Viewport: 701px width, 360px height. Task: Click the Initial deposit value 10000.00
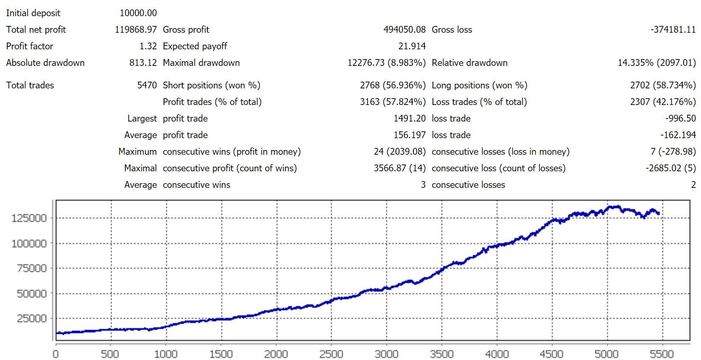(x=138, y=13)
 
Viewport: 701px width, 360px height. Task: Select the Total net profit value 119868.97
(x=136, y=30)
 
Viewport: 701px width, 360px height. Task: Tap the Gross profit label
(x=186, y=30)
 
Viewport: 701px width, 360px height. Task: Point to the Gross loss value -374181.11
(x=673, y=30)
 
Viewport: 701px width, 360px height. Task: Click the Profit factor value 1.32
(x=148, y=46)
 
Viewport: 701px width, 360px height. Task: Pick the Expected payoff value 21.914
(x=412, y=46)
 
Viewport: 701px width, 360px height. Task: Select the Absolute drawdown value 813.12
(x=143, y=63)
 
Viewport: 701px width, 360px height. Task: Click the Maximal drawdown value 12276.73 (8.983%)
(x=387, y=63)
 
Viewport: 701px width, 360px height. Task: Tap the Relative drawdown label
(x=469, y=63)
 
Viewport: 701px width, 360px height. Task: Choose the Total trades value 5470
(x=147, y=85)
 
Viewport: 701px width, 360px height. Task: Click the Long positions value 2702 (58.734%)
(x=663, y=85)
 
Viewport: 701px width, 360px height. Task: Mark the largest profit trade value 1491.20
(x=410, y=119)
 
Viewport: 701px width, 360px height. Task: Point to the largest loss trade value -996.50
(x=680, y=119)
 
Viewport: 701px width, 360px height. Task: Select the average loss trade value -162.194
(x=678, y=135)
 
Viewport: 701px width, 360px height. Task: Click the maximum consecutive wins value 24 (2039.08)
(x=400, y=152)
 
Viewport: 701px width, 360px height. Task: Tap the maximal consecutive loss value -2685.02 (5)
(x=671, y=168)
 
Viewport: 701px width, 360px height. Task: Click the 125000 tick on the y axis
(x=29, y=218)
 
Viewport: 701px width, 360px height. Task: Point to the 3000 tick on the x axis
(x=387, y=354)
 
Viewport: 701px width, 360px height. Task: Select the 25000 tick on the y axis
(x=31, y=319)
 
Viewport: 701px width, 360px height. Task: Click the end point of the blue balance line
(x=659, y=213)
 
